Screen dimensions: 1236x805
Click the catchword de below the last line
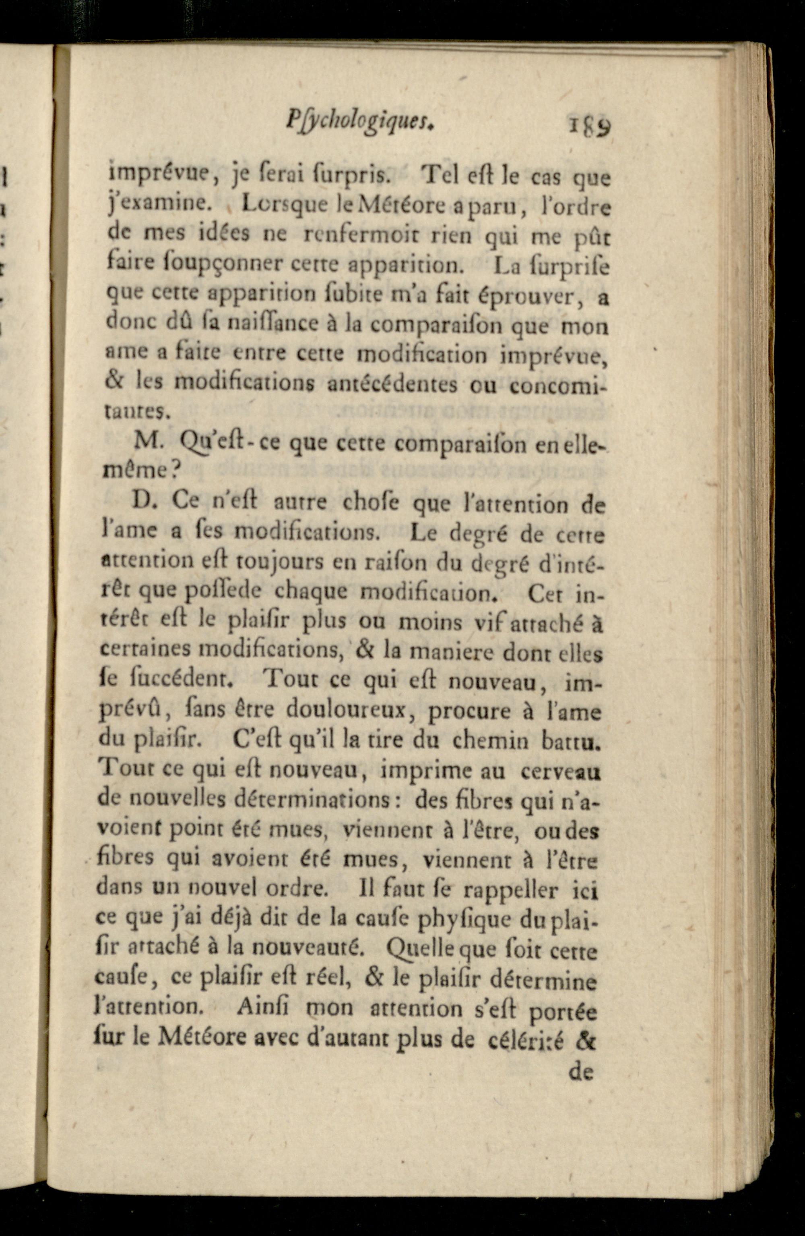coord(581,1072)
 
